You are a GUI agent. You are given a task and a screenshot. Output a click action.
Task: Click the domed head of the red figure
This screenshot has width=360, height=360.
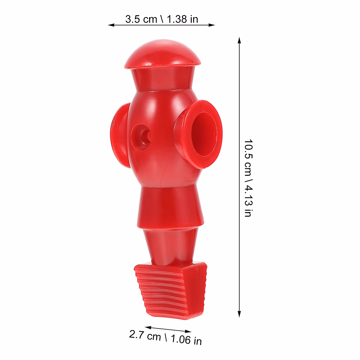tap(162, 54)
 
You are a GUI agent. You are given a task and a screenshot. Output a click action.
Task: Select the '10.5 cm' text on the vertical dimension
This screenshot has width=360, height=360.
tap(248, 157)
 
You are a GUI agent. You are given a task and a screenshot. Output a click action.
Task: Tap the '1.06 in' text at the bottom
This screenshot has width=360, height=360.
tap(186, 340)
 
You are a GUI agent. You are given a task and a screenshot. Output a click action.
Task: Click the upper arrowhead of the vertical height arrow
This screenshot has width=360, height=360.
tap(239, 40)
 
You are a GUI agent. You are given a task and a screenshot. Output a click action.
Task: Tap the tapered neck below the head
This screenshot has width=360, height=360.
tap(162, 79)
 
